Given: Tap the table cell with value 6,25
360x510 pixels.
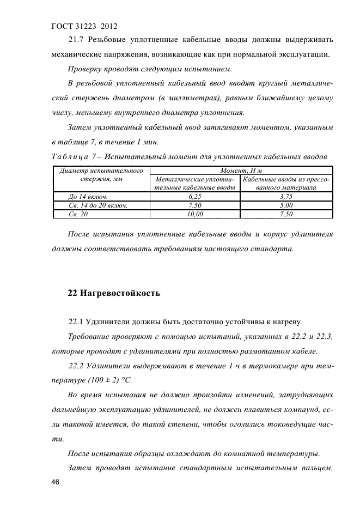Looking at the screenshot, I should coord(195,196).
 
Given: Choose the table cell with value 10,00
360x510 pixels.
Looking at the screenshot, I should coord(195,214).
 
